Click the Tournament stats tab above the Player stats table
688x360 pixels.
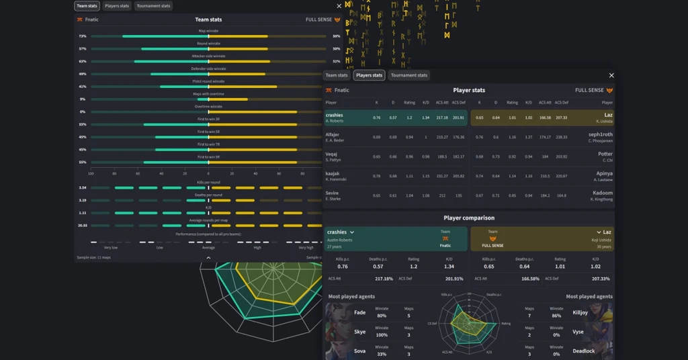tap(409, 75)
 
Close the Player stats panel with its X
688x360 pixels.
tap(611, 76)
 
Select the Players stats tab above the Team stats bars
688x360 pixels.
tap(117, 6)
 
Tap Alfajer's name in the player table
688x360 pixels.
tap(333, 134)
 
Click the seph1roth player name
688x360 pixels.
tap(600, 134)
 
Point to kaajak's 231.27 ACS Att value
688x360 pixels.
tap(441, 176)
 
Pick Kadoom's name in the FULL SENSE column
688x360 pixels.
tap(603, 193)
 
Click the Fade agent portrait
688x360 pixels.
tap(338, 313)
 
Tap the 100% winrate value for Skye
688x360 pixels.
tap(382, 334)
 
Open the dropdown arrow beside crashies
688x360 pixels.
tap(352, 232)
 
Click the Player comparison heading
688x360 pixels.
tap(469, 218)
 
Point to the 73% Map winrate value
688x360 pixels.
tap(82, 36)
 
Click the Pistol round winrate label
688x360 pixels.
tap(208, 81)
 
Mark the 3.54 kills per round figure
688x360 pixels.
tap(82, 188)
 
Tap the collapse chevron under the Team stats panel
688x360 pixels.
tap(208, 257)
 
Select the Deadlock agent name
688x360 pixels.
tap(584, 351)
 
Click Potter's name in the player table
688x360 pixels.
tap(605, 154)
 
